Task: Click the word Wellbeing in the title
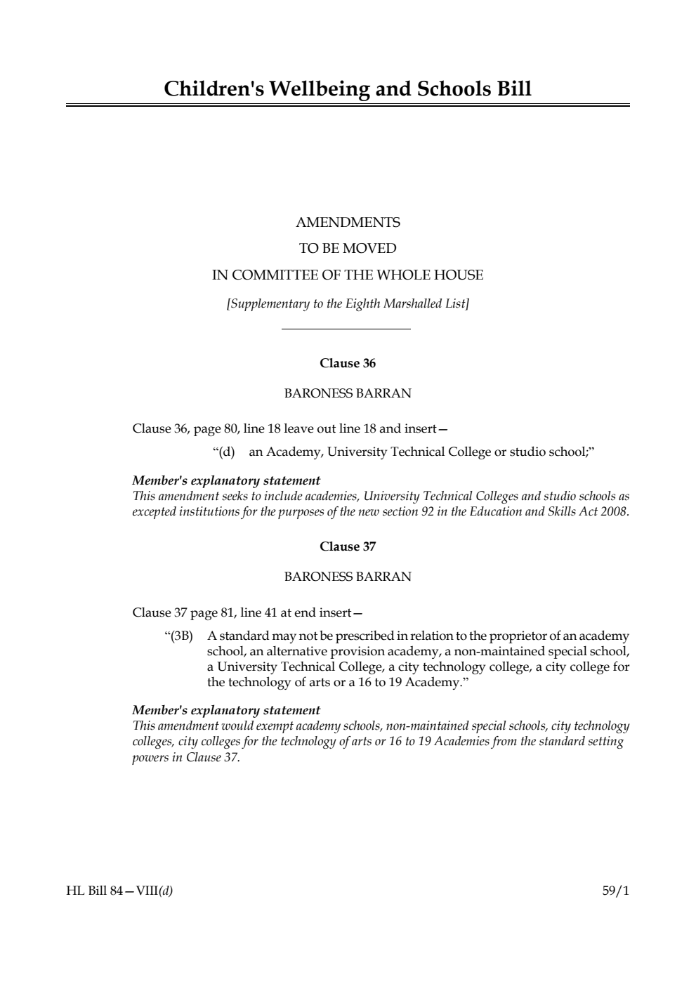pos(319,89)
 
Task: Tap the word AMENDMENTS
pos(348,223)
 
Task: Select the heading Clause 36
pos(348,363)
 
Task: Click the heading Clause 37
pos(348,546)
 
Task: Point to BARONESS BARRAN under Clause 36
pos(348,393)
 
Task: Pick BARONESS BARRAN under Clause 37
pos(348,577)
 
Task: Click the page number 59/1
pos(616,891)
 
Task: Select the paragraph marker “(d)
pos(223,452)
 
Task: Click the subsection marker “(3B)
pos(178,636)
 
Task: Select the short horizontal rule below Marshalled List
pos(346,329)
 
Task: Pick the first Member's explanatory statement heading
pos(226,481)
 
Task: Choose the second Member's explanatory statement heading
pos(226,710)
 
